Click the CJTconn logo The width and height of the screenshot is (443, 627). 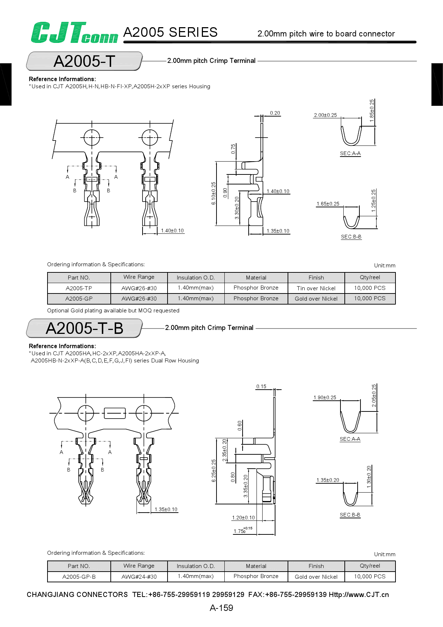[74, 33]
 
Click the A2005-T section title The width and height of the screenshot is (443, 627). [84, 61]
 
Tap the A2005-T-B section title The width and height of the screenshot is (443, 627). [84, 328]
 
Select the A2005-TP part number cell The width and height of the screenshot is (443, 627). [79, 288]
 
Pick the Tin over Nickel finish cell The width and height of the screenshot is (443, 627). [316, 288]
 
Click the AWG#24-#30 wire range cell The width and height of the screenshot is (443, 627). [139, 577]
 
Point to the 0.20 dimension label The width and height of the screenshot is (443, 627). [275, 113]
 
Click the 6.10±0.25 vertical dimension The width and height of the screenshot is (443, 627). [214, 193]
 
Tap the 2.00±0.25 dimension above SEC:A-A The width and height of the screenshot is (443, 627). [325, 115]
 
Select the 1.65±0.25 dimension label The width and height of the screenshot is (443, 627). [328, 204]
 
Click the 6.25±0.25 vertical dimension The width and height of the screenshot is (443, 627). [214, 470]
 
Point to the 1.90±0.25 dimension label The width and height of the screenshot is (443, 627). [325, 398]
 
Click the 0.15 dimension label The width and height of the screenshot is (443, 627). [261, 386]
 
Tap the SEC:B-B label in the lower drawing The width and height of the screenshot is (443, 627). [350, 515]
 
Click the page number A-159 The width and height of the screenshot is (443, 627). [221, 608]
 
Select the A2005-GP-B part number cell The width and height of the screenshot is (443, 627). [79, 577]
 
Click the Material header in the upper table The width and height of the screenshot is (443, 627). [256, 277]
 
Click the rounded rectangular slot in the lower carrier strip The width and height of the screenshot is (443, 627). [114, 413]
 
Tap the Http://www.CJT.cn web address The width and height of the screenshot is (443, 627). [359, 594]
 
